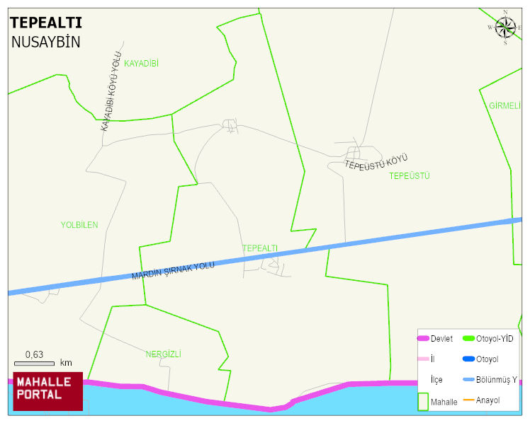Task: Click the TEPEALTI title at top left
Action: pyautogui.click(x=45, y=23)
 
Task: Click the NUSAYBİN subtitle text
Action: pyautogui.click(x=45, y=42)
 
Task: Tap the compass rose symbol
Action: pyautogui.click(x=505, y=28)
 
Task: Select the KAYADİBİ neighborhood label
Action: pyautogui.click(x=141, y=64)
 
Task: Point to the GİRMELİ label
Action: pyautogui.click(x=504, y=106)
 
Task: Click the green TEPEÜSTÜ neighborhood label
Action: pyautogui.click(x=410, y=175)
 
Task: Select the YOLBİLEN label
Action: pyautogui.click(x=79, y=225)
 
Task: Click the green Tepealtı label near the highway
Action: pyautogui.click(x=260, y=248)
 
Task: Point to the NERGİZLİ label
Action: pyautogui.click(x=163, y=354)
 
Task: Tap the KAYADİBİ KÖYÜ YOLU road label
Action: pyautogui.click(x=111, y=91)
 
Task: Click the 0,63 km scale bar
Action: pyautogui.click(x=34, y=363)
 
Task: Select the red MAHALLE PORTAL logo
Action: pyautogui.click(x=48, y=391)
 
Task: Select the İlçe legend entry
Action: pyautogui.click(x=436, y=379)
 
